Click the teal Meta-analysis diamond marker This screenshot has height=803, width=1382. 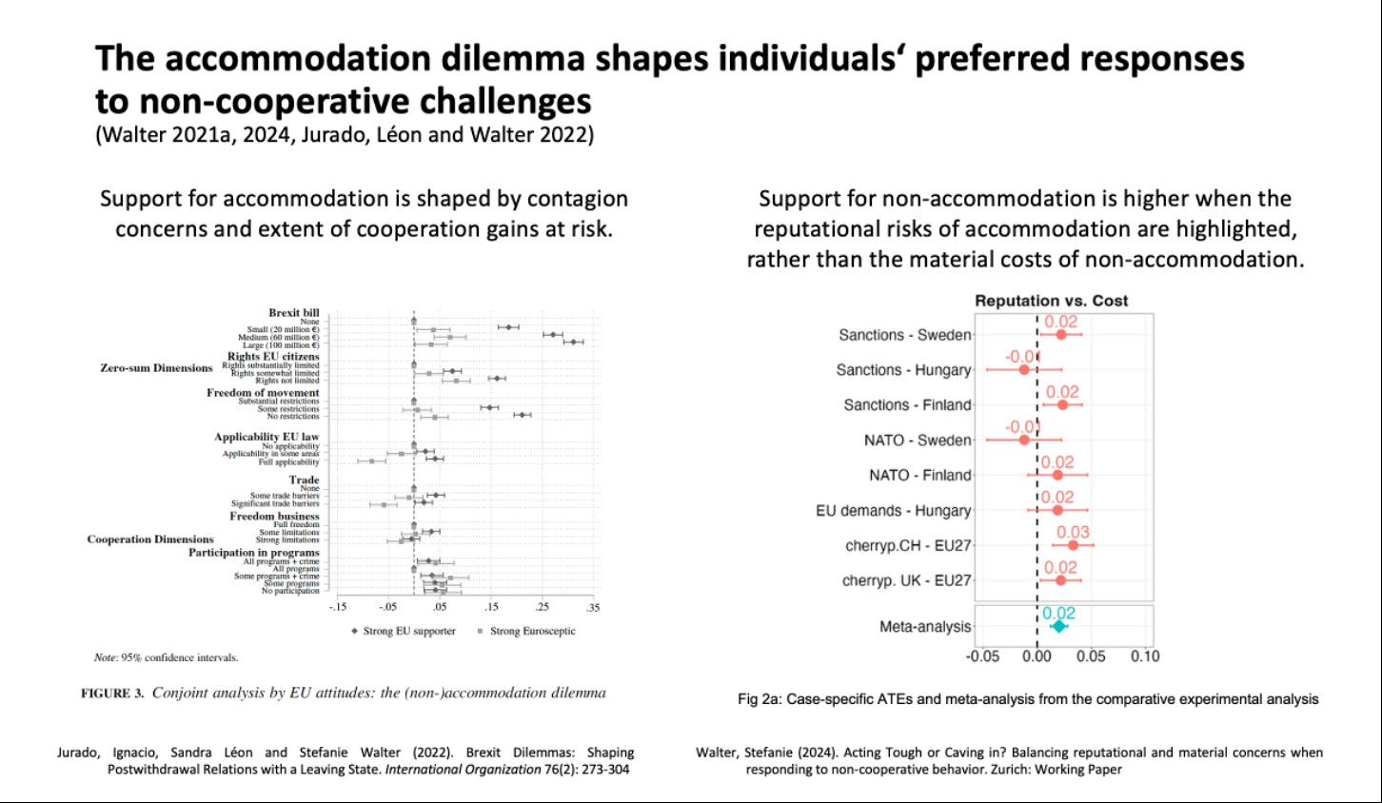pos(1058,626)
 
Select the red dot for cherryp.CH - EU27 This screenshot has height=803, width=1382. pos(1073,545)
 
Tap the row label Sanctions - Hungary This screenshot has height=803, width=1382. pos(903,370)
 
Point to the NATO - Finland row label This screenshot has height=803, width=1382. pos(919,475)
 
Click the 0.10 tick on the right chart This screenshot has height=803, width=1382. pos(1145,656)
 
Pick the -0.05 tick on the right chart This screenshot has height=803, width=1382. pos(982,656)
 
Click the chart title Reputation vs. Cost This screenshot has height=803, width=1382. pos(1051,301)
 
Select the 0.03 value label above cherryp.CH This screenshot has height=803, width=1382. pos(1073,532)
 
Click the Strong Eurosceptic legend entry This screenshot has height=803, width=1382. pos(532,631)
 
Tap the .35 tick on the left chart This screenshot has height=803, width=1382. pos(593,607)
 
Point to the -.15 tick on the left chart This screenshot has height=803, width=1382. pos(338,607)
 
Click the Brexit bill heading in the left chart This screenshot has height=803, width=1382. pos(294,313)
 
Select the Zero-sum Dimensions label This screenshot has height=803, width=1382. pos(156,368)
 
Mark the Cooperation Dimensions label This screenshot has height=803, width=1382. pos(150,539)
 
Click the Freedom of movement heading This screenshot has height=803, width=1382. pos(263,393)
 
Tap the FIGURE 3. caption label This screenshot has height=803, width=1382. pos(112,694)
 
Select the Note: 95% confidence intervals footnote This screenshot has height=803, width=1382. pos(166,657)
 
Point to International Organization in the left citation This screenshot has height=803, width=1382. pos(463,769)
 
